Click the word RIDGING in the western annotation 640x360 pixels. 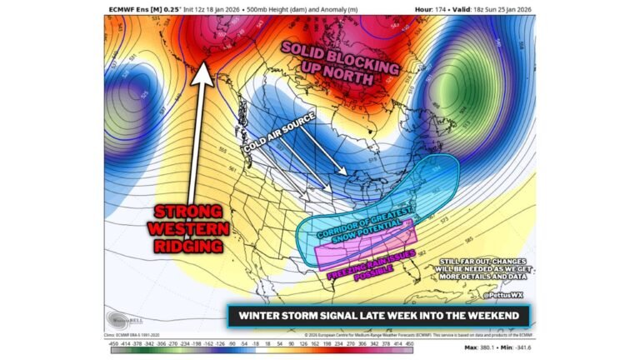[189, 246]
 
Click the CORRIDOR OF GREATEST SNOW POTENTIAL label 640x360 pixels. [367, 224]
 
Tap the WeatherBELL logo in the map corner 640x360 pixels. [122, 318]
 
